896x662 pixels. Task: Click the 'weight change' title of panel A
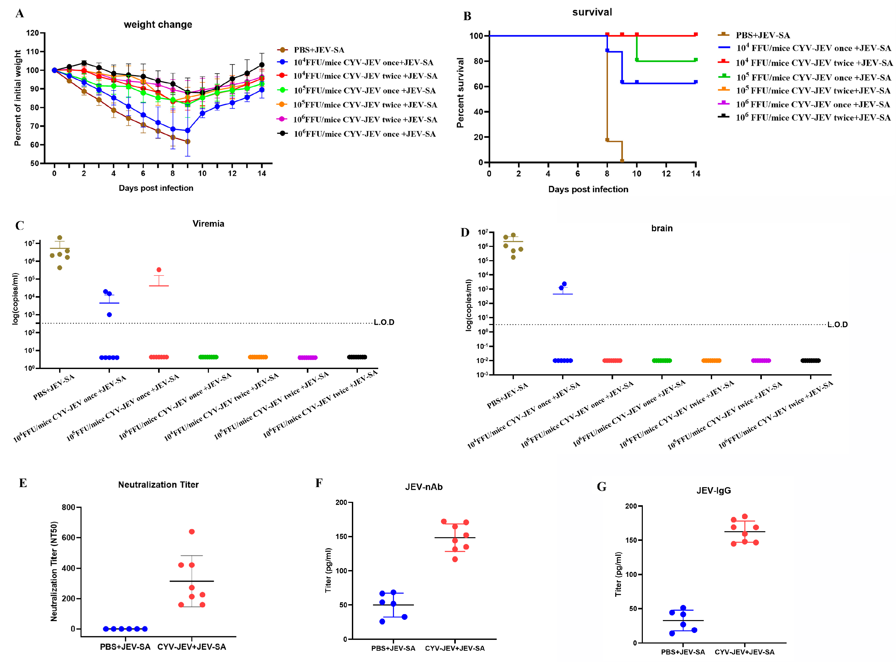click(158, 24)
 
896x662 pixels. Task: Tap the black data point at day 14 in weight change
click(262, 65)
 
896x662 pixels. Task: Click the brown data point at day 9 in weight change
click(188, 141)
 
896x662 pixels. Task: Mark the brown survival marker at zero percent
click(622, 161)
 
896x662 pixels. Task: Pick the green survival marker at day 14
click(696, 60)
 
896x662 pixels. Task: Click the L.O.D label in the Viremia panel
click(384, 322)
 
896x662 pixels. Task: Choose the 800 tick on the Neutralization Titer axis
click(69, 507)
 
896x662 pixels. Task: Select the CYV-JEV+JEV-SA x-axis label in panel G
click(744, 652)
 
